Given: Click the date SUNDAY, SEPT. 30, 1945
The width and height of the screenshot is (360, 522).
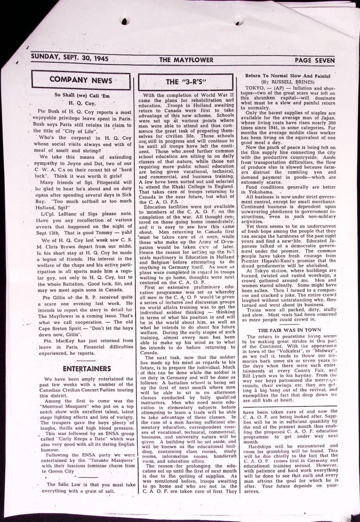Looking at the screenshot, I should (x=69, y=59).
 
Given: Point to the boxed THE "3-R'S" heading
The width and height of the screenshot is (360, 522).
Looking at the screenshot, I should (x=183, y=82).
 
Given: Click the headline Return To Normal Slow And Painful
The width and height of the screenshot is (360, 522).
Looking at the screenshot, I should (x=289, y=76).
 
